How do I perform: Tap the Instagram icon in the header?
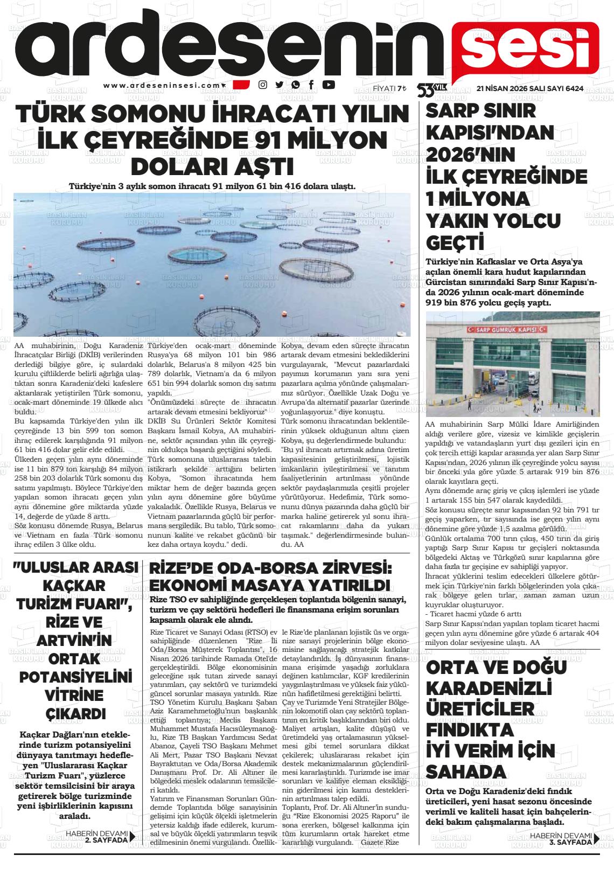(263, 85)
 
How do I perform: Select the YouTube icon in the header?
(328, 85)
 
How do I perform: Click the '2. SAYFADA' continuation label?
(107, 839)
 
